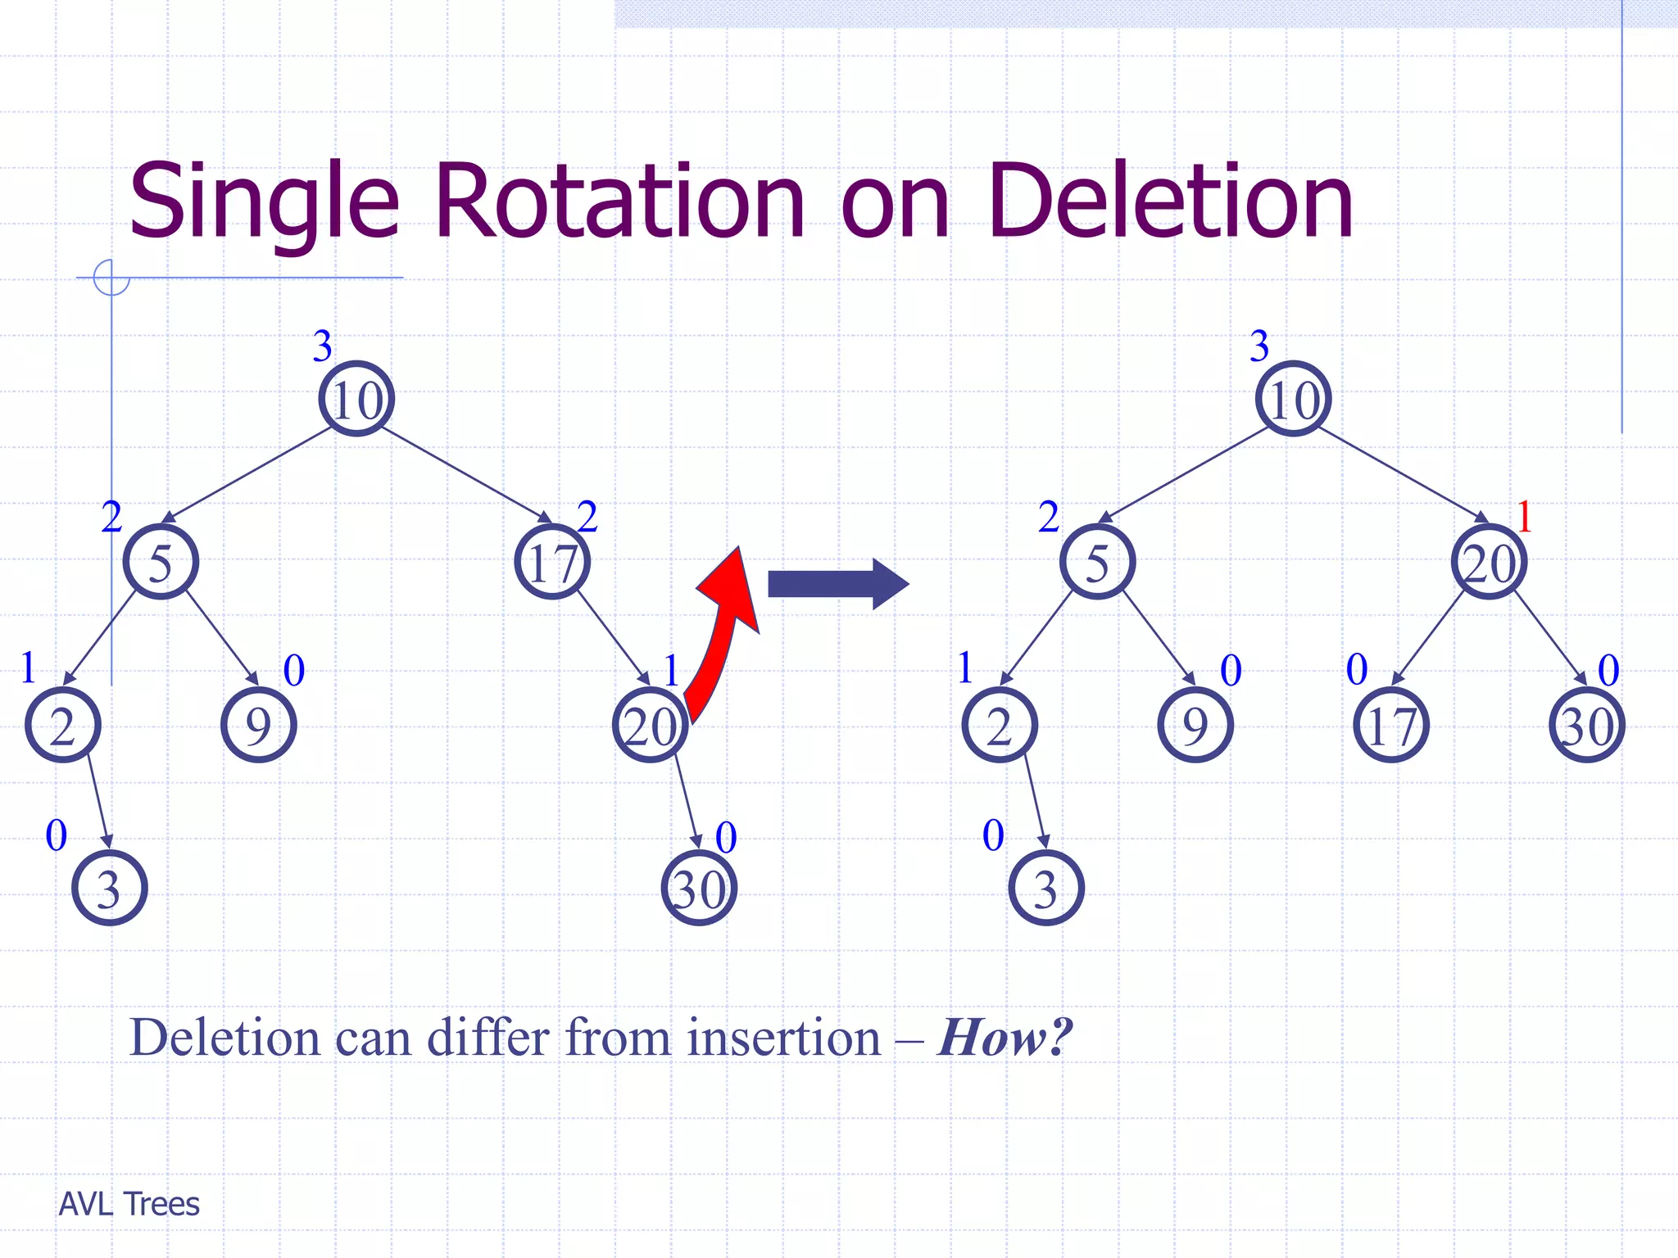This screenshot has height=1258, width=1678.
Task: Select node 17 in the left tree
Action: click(x=553, y=563)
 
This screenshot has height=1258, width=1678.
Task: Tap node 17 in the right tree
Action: click(x=1391, y=726)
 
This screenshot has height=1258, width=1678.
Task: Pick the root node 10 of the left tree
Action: click(x=356, y=399)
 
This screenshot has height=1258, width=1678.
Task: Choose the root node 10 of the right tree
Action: click(x=1294, y=399)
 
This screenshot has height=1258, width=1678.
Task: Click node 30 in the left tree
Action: click(x=699, y=889)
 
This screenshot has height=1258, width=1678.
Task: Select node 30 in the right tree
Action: click(x=1587, y=726)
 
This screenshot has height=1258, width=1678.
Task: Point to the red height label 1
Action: click(x=1524, y=518)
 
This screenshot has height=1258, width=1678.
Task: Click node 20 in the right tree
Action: click(x=1490, y=563)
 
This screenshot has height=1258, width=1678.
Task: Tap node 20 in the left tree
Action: click(x=650, y=726)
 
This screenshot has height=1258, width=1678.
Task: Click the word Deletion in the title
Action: click(x=1169, y=201)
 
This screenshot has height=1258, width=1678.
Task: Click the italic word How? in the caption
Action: click(x=1005, y=1038)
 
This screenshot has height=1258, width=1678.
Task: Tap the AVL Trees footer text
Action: click(x=129, y=1204)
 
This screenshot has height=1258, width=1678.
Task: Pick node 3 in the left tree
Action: click(x=110, y=889)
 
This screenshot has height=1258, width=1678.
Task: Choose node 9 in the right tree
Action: click(x=1195, y=726)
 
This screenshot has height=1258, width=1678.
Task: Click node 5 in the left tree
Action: click(x=161, y=563)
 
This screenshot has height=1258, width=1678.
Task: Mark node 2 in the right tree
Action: click(x=1000, y=726)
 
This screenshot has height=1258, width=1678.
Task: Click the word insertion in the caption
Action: click(x=783, y=1038)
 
